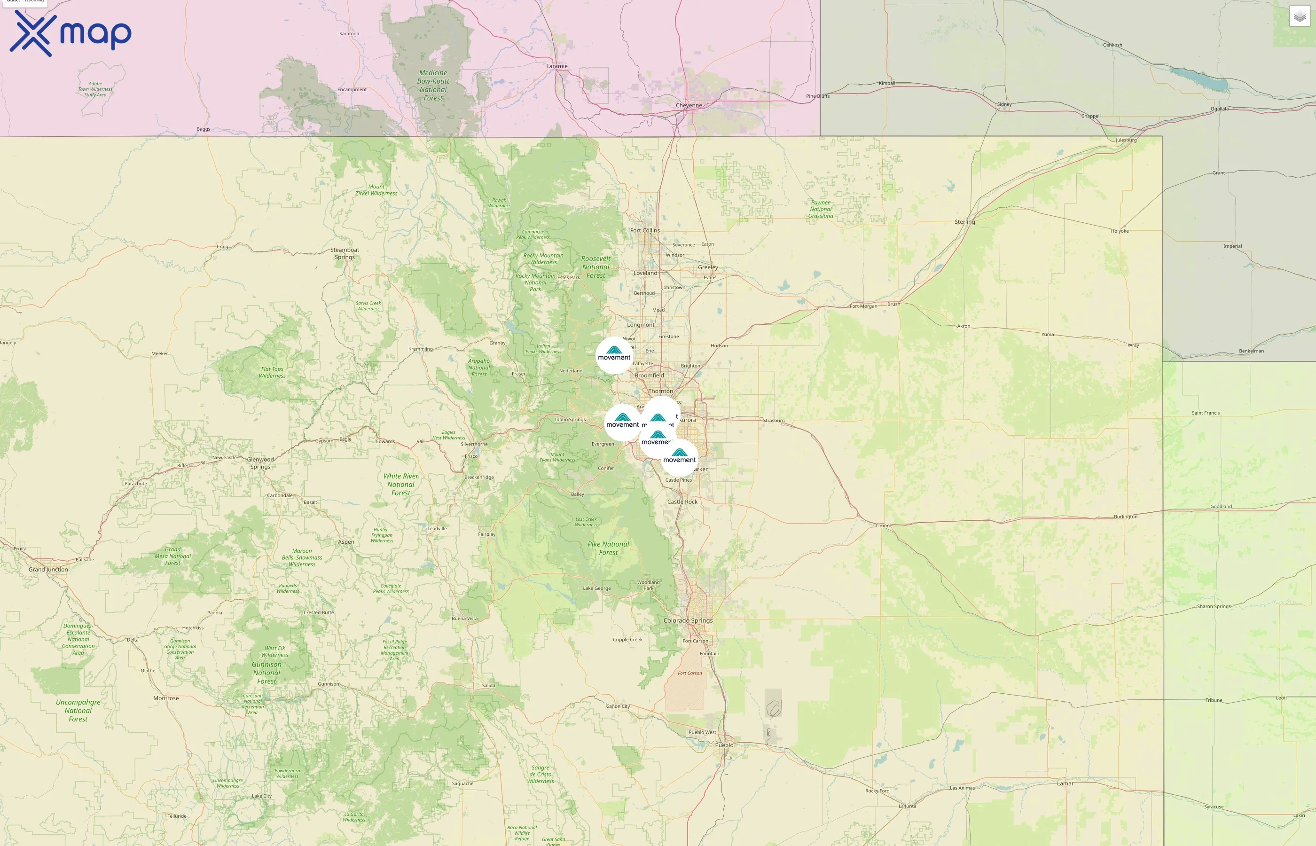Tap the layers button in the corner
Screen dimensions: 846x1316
[x=1299, y=16]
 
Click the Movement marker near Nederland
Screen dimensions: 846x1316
[x=614, y=355]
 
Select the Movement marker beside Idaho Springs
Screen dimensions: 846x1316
[x=622, y=422]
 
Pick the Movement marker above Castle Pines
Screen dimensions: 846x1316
[x=680, y=457]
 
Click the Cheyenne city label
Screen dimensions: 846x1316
[x=689, y=105]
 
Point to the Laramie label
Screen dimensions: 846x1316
[x=557, y=66]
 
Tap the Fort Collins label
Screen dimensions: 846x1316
[x=645, y=231]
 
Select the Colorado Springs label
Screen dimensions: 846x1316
[x=688, y=621]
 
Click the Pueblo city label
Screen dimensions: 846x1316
[x=724, y=745]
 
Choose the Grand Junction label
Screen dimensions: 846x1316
[x=48, y=570]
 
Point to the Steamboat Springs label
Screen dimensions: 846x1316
[x=345, y=253]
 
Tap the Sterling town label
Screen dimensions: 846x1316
[x=964, y=222]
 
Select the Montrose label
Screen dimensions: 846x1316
[x=166, y=699]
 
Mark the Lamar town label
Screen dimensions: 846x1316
[x=1065, y=784]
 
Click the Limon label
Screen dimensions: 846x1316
[x=883, y=526]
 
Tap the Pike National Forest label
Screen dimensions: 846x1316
[x=609, y=548]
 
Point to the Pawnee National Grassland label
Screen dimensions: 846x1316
[x=821, y=209]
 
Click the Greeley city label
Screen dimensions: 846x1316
[x=708, y=267]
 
